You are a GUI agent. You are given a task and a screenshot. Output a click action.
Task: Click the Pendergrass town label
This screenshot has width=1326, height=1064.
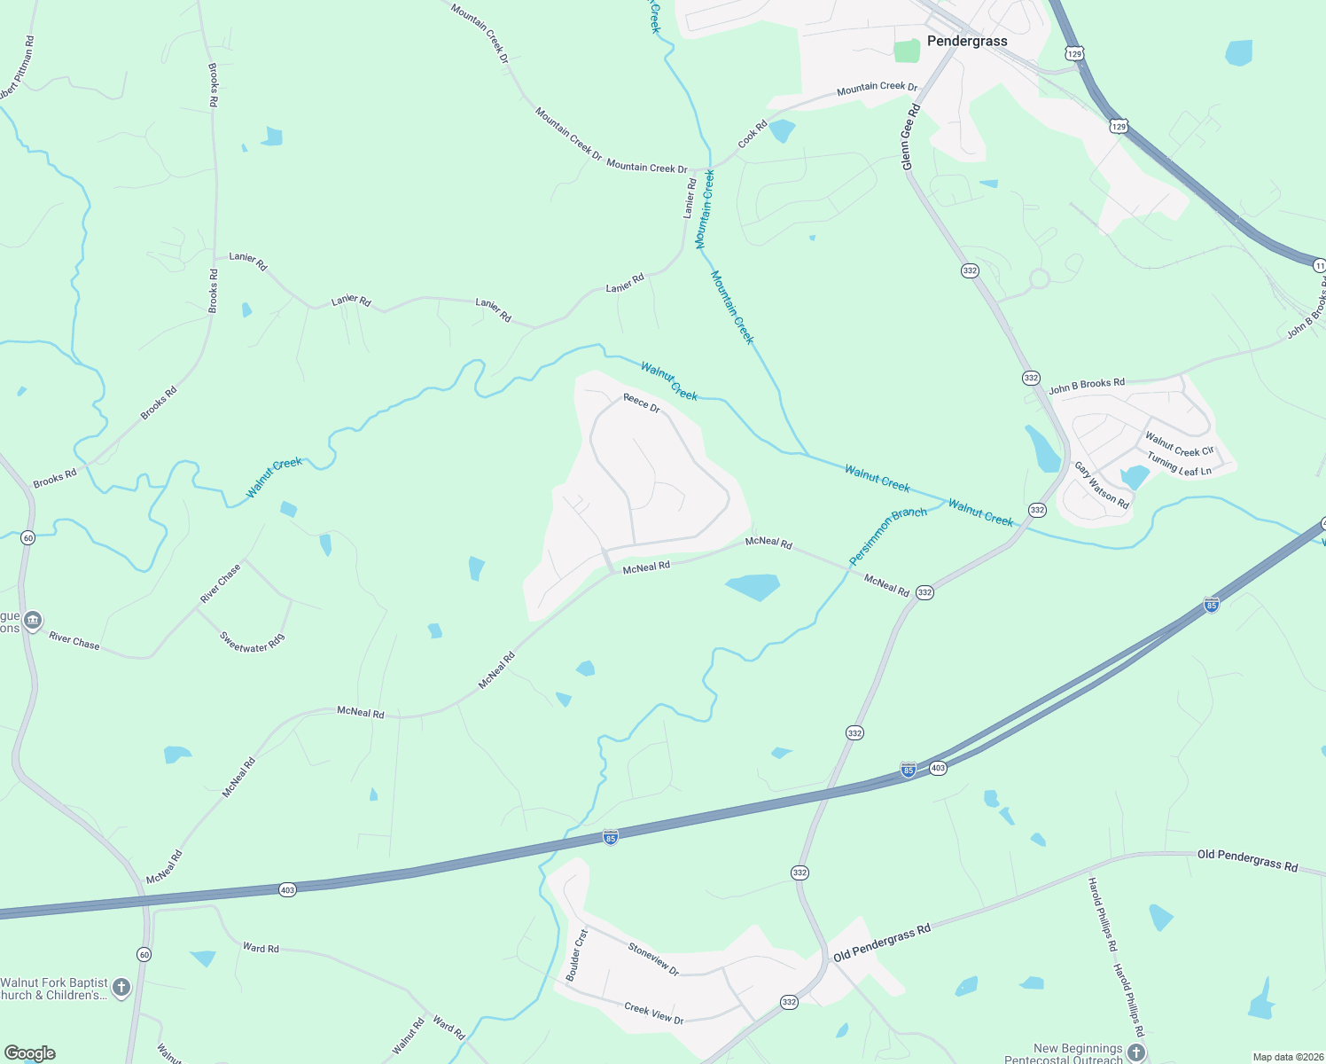[x=967, y=41]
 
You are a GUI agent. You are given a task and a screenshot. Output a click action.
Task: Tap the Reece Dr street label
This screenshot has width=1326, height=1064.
[x=642, y=403]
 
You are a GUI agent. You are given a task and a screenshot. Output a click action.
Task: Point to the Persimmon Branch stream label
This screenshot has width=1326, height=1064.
[x=888, y=536]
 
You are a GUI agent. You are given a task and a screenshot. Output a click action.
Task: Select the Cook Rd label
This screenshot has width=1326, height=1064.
[x=753, y=135]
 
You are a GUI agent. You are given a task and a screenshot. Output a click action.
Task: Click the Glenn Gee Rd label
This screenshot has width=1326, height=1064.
[x=910, y=137]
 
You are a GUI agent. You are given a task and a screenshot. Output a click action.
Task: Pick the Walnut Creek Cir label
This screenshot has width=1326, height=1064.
[x=1179, y=444]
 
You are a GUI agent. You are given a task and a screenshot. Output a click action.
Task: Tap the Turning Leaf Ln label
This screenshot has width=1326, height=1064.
[x=1179, y=464]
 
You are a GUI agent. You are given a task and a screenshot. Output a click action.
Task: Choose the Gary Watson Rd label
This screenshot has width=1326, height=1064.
[x=1102, y=485]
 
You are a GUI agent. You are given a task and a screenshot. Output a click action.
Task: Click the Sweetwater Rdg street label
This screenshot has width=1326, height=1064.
[x=253, y=643]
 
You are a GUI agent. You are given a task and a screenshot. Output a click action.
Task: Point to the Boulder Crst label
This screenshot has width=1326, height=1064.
[x=577, y=955]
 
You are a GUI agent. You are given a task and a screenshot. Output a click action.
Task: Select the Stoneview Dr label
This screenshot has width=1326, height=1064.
[x=653, y=959]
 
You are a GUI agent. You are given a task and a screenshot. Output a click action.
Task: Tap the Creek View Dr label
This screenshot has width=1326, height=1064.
[x=654, y=1013]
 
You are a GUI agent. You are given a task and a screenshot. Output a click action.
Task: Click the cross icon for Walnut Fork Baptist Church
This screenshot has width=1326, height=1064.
[x=121, y=987]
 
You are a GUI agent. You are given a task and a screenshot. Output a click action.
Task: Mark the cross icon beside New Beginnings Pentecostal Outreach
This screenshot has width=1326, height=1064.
[x=1136, y=1052]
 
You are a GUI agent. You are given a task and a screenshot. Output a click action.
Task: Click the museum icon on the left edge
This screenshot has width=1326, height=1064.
[x=33, y=620]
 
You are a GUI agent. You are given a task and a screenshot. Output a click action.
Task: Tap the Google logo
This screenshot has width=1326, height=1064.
[x=30, y=1053]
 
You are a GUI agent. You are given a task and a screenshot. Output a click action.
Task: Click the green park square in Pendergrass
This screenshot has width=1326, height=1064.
[x=907, y=51]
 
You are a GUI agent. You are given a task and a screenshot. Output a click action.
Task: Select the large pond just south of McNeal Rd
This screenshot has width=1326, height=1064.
[x=753, y=586]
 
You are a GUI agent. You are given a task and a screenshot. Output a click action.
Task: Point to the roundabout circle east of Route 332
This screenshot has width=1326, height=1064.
[x=1040, y=279]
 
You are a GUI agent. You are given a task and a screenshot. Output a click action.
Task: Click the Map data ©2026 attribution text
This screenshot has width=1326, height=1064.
[x=1288, y=1057]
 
